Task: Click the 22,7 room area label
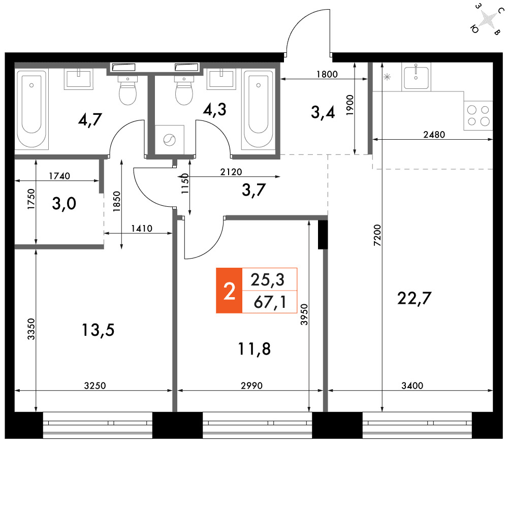coord(414,298)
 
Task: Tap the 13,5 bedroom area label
coord(98,330)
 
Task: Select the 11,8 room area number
coord(254,349)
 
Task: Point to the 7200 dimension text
coord(377,235)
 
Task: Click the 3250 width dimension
coord(95,386)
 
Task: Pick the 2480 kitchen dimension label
coord(434,135)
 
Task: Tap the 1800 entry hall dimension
coord(327,74)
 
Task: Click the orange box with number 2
coord(229,291)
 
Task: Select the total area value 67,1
coord(270,302)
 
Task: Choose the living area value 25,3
coord(268,279)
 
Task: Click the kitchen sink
coord(416,77)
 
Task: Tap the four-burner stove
coord(478,116)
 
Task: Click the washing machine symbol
coord(170,140)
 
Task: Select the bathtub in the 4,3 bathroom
coord(258,110)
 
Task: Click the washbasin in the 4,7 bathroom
coord(78,79)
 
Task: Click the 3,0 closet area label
coord(64,204)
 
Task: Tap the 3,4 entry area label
coord(323,112)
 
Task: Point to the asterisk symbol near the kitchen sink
coord(387,77)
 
